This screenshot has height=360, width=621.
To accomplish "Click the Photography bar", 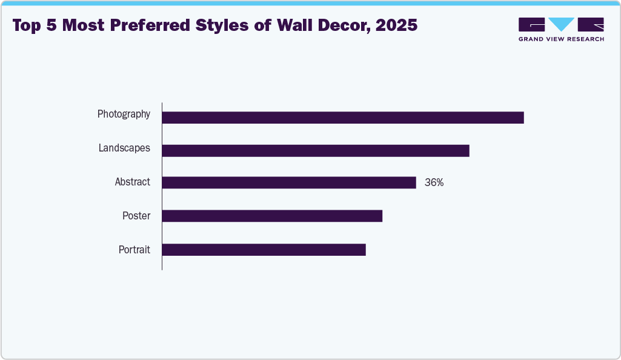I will click(342, 118).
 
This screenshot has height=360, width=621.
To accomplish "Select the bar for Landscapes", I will click(316, 151).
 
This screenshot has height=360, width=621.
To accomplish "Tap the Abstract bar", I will click(289, 182).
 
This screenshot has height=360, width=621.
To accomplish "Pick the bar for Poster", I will click(272, 216).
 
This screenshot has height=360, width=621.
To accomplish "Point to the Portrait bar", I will click(264, 250).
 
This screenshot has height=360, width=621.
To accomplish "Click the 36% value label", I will click(434, 182).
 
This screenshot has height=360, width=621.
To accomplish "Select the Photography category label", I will click(124, 114).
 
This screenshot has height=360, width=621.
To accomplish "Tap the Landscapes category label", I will click(124, 148).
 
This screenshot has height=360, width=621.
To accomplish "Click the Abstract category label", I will click(132, 182).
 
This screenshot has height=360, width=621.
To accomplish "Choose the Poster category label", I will click(136, 216).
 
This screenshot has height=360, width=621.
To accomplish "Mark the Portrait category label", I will click(134, 249).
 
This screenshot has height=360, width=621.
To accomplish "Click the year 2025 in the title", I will click(397, 26).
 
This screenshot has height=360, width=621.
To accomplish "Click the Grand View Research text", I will click(561, 39).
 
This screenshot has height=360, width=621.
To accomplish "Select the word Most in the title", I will click(85, 26).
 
